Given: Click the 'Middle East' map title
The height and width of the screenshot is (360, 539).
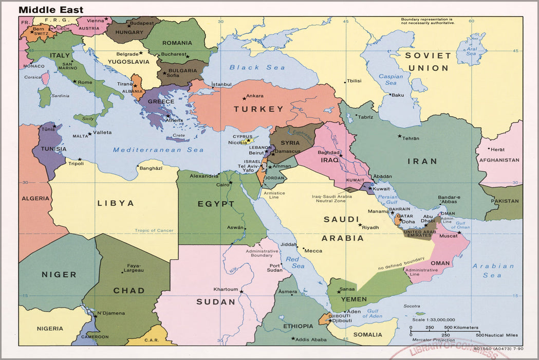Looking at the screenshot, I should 51,10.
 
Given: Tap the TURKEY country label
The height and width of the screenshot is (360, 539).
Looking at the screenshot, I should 258,109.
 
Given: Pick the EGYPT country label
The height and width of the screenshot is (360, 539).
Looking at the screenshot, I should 216,204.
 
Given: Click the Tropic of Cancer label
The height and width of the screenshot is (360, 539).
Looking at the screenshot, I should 154,230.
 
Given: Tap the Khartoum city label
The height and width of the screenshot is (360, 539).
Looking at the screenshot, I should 226,289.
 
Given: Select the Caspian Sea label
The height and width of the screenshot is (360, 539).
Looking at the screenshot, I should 391,80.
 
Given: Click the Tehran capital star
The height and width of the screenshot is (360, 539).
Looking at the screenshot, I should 400,136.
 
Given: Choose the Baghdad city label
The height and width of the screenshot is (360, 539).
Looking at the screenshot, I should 329,152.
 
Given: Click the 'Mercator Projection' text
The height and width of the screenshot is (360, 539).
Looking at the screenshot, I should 433,340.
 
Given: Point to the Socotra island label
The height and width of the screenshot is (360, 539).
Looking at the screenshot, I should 412,306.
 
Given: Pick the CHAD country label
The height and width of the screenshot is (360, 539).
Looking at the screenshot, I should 128,291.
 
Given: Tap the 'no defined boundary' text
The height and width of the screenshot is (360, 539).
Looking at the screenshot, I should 401,263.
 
